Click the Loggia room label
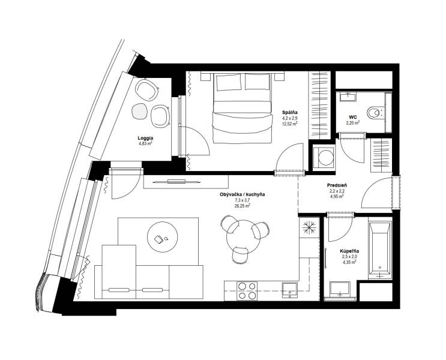tap(145, 138)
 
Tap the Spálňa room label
tap(291, 113)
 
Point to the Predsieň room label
tap(336, 185)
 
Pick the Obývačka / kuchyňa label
tap(242, 194)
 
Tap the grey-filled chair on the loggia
tap(140, 111)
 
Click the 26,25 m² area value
tap(242, 205)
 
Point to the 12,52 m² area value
tap(291, 124)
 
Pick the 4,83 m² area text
tap(145, 144)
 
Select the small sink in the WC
tap(347, 97)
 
